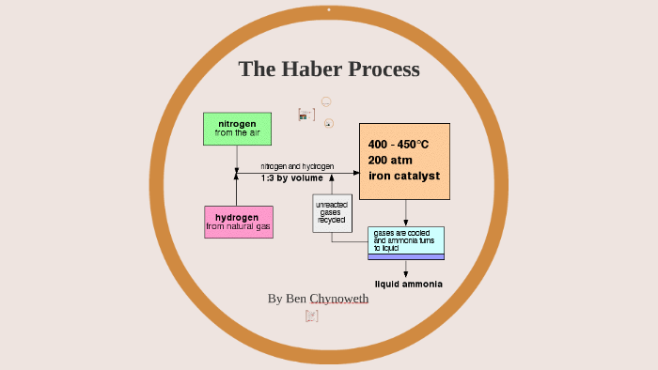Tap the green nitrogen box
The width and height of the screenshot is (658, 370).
coord(237,129)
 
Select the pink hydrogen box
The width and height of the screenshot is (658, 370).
coord(238,222)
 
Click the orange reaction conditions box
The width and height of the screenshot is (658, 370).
coord(405,161)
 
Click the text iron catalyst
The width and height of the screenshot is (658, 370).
coord(404,176)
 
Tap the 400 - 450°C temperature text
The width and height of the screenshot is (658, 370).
coord(399,144)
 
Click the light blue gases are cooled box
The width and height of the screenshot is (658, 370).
coord(405,240)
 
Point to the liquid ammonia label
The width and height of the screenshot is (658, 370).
coord(409,284)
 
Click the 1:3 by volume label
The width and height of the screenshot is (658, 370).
coord(291,177)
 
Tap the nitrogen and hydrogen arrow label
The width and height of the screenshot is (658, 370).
coord(297,166)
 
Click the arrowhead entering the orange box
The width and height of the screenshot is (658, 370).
coord(354,172)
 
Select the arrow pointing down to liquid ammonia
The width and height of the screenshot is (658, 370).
coord(405,269)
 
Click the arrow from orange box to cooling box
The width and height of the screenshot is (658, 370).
coord(405,213)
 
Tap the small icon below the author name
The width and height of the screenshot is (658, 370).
coord(312,316)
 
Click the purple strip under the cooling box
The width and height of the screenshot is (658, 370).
coord(405,257)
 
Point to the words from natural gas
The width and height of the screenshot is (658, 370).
coord(239,227)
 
